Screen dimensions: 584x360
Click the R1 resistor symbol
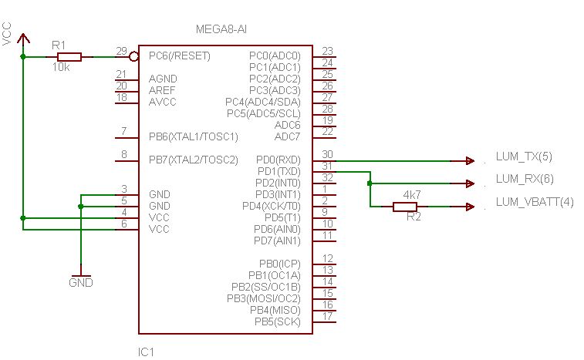coord(69,57)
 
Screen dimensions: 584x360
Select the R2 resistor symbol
coord(405,207)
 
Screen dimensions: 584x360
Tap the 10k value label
coord(61,67)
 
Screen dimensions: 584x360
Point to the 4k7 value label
coord(412,195)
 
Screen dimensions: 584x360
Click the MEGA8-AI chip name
coord(221,29)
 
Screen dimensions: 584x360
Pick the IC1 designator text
coord(146,352)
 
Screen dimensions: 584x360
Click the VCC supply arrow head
coord(23,38)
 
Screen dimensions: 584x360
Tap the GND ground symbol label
coord(81,283)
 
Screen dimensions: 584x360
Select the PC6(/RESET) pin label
coord(180,56)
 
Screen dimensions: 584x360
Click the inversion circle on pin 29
coord(133,57)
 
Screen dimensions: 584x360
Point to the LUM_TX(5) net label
coord(524,156)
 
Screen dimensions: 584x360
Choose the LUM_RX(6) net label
coord(525,179)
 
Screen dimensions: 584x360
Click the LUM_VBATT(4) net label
coord(535,202)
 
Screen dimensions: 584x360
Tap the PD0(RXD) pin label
coord(278,160)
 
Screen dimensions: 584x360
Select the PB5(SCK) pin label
coord(278,321)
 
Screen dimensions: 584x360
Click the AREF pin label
coord(162,90)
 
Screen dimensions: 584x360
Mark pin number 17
coord(327,316)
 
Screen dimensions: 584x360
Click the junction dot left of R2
coord(370,183)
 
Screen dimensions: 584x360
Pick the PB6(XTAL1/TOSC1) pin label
coord(194,137)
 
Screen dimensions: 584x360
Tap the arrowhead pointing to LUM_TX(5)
coord(470,161)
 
